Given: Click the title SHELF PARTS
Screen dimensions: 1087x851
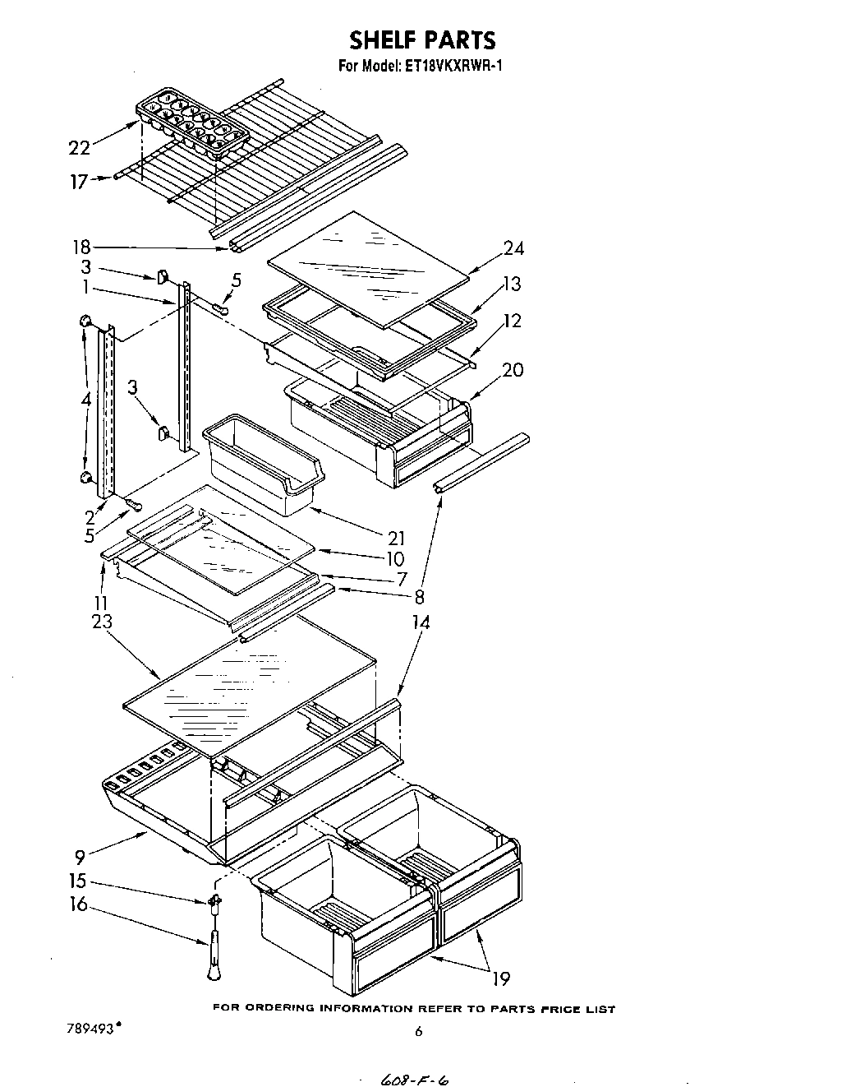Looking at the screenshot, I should coord(423,39).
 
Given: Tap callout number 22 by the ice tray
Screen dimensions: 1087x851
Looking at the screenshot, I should coord(79,147).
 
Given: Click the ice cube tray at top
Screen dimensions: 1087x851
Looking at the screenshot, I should coord(191,123).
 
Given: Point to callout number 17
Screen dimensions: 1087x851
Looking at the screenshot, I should coord(78,182).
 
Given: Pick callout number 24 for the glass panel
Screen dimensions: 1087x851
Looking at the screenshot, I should coord(513,247).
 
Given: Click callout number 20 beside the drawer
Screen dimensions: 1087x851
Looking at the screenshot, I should coord(513,369).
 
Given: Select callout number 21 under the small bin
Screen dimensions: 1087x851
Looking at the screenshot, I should coord(397,539).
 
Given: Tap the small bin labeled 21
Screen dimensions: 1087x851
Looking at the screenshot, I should coord(261,464).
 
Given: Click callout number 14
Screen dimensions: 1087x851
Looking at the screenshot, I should coord(421,622).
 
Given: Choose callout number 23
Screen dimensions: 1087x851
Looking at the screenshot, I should coord(102,622).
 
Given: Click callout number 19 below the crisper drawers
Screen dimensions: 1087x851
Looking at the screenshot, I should coord(500,978).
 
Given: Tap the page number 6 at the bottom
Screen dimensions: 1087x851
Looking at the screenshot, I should coord(418,1032).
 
